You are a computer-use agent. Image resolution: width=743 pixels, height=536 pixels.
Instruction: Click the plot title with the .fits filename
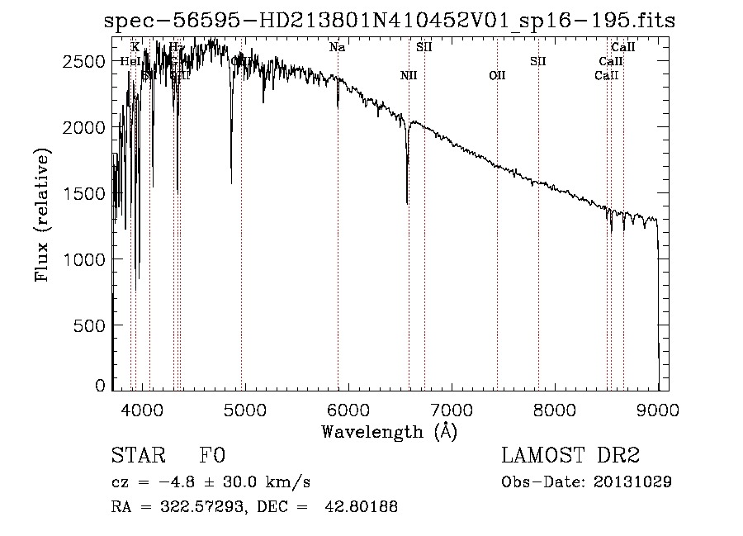[x=389, y=21]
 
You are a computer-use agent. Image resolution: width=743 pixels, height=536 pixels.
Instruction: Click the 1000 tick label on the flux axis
[x=90, y=259]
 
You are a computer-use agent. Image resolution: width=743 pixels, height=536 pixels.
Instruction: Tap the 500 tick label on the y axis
[x=95, y=325]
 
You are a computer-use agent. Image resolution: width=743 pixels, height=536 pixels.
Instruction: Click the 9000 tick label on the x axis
[x=658, y=408]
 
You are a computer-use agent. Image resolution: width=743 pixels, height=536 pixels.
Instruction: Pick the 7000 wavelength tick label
[x=451, y=408]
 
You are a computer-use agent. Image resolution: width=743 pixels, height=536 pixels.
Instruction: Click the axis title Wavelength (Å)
[x=389, y=431]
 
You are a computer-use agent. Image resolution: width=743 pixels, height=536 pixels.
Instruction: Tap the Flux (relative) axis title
[x=41, y=215]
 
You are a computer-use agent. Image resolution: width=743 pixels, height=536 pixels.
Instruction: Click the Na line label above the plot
[x=337, y=47]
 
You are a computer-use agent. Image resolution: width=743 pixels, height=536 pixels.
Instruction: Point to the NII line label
[x=409, y=76]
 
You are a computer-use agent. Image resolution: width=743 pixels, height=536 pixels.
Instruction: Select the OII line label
[x=497, y=76]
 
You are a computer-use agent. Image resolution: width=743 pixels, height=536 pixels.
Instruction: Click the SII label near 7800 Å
[x=538, y=61]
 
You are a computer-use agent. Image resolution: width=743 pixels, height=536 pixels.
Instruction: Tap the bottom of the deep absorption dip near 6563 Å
[x=407, y=202]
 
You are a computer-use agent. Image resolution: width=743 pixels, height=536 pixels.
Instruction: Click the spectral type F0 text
[x=212, y=456]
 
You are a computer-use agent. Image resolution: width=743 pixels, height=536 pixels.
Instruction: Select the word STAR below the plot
[x=137, y=456]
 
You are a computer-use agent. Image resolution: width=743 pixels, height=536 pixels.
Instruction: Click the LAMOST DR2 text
[x=570, y=456]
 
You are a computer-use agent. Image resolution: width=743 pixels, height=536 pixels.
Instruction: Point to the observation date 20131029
[x=634, y=481]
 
